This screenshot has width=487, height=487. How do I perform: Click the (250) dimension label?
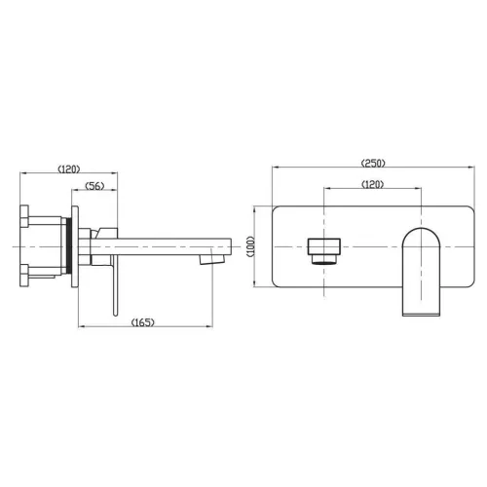point(373,163)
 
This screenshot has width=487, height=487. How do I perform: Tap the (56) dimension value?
point(94,186)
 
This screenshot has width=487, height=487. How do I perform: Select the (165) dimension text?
point(143,322)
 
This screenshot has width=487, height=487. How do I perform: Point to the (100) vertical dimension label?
point(251,246)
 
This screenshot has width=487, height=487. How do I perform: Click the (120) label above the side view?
point(69,169)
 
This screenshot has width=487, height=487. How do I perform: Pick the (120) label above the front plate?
point(373,184)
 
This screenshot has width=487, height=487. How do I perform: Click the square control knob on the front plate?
point(324,250)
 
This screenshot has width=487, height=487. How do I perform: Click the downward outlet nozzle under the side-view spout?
point(212,259)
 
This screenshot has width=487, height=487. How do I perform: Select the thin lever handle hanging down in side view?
point(115,285)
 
